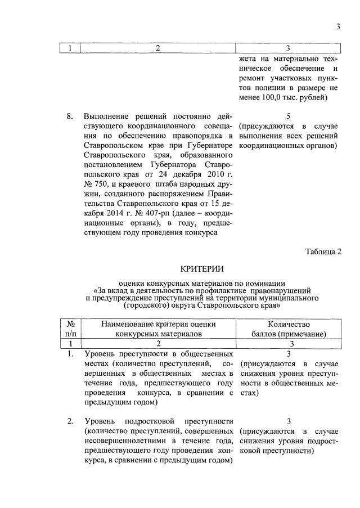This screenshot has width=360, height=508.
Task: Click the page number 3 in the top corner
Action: pos(339,25)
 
